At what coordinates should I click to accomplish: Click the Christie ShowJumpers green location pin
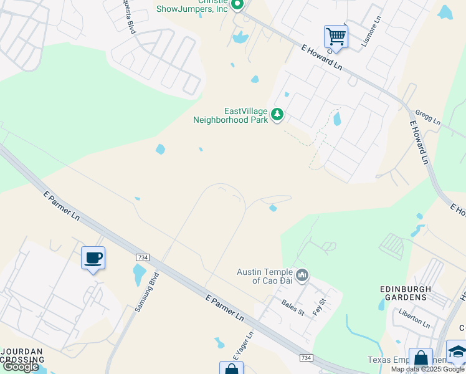click(x=237, y=5)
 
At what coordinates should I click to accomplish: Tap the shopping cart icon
click(x=336, y=37)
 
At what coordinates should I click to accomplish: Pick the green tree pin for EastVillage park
click(x=277, y=115)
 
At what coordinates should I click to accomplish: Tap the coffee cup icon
click(x=93, y=257)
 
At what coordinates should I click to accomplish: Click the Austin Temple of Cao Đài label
click(x=264, y=276)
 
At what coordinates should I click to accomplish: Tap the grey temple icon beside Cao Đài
click(x=303, y=275)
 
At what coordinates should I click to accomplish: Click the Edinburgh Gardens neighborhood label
click(x=404, y=293)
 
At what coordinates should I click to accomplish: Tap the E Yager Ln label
click(x=244, y=347)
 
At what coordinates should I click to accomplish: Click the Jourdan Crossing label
click(x=22, y=356)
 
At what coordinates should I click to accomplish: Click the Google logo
click(x=21, y=367)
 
